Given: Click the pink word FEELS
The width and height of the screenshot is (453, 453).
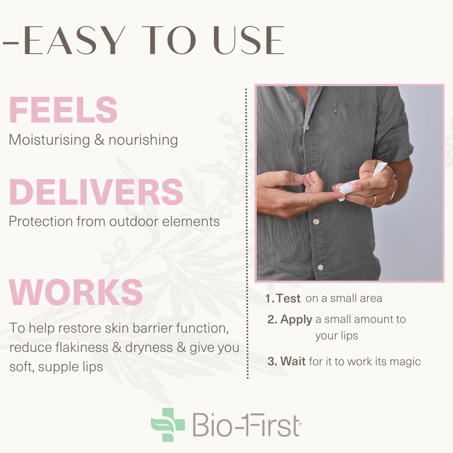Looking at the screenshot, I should click(x=63, y=110).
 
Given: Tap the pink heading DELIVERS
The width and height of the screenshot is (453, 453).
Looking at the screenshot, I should click(x=96, y=192).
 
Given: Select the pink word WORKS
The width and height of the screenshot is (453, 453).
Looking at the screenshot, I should click(x=76, y=292).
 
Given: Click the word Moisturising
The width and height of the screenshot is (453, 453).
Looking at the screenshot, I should click(x=49, y=140).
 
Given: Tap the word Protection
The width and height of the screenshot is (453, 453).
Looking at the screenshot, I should click(x=40, y=221).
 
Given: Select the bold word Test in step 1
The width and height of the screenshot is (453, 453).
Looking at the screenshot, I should click(x=289, y=298).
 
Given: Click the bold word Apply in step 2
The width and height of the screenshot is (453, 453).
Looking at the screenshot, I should click(x=296, y=319).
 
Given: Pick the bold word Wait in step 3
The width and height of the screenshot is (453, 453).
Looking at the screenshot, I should click(x=293, y=361).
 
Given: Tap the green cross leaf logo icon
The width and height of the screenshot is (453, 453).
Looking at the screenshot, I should click(x=168, y=424).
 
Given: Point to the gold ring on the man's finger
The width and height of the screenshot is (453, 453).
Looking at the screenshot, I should click(x=374, y=200).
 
